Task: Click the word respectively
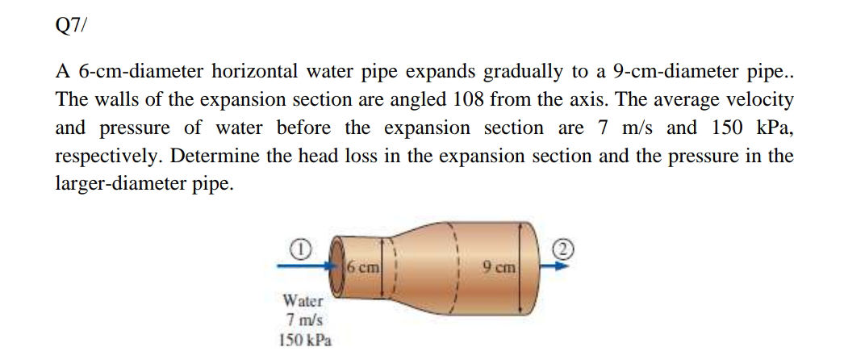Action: (x=107, y=157)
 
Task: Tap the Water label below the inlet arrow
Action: (x=303, y=301)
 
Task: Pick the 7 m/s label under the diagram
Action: (x=303, y=320)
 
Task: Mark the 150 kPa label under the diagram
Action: (x=303, y=339)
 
